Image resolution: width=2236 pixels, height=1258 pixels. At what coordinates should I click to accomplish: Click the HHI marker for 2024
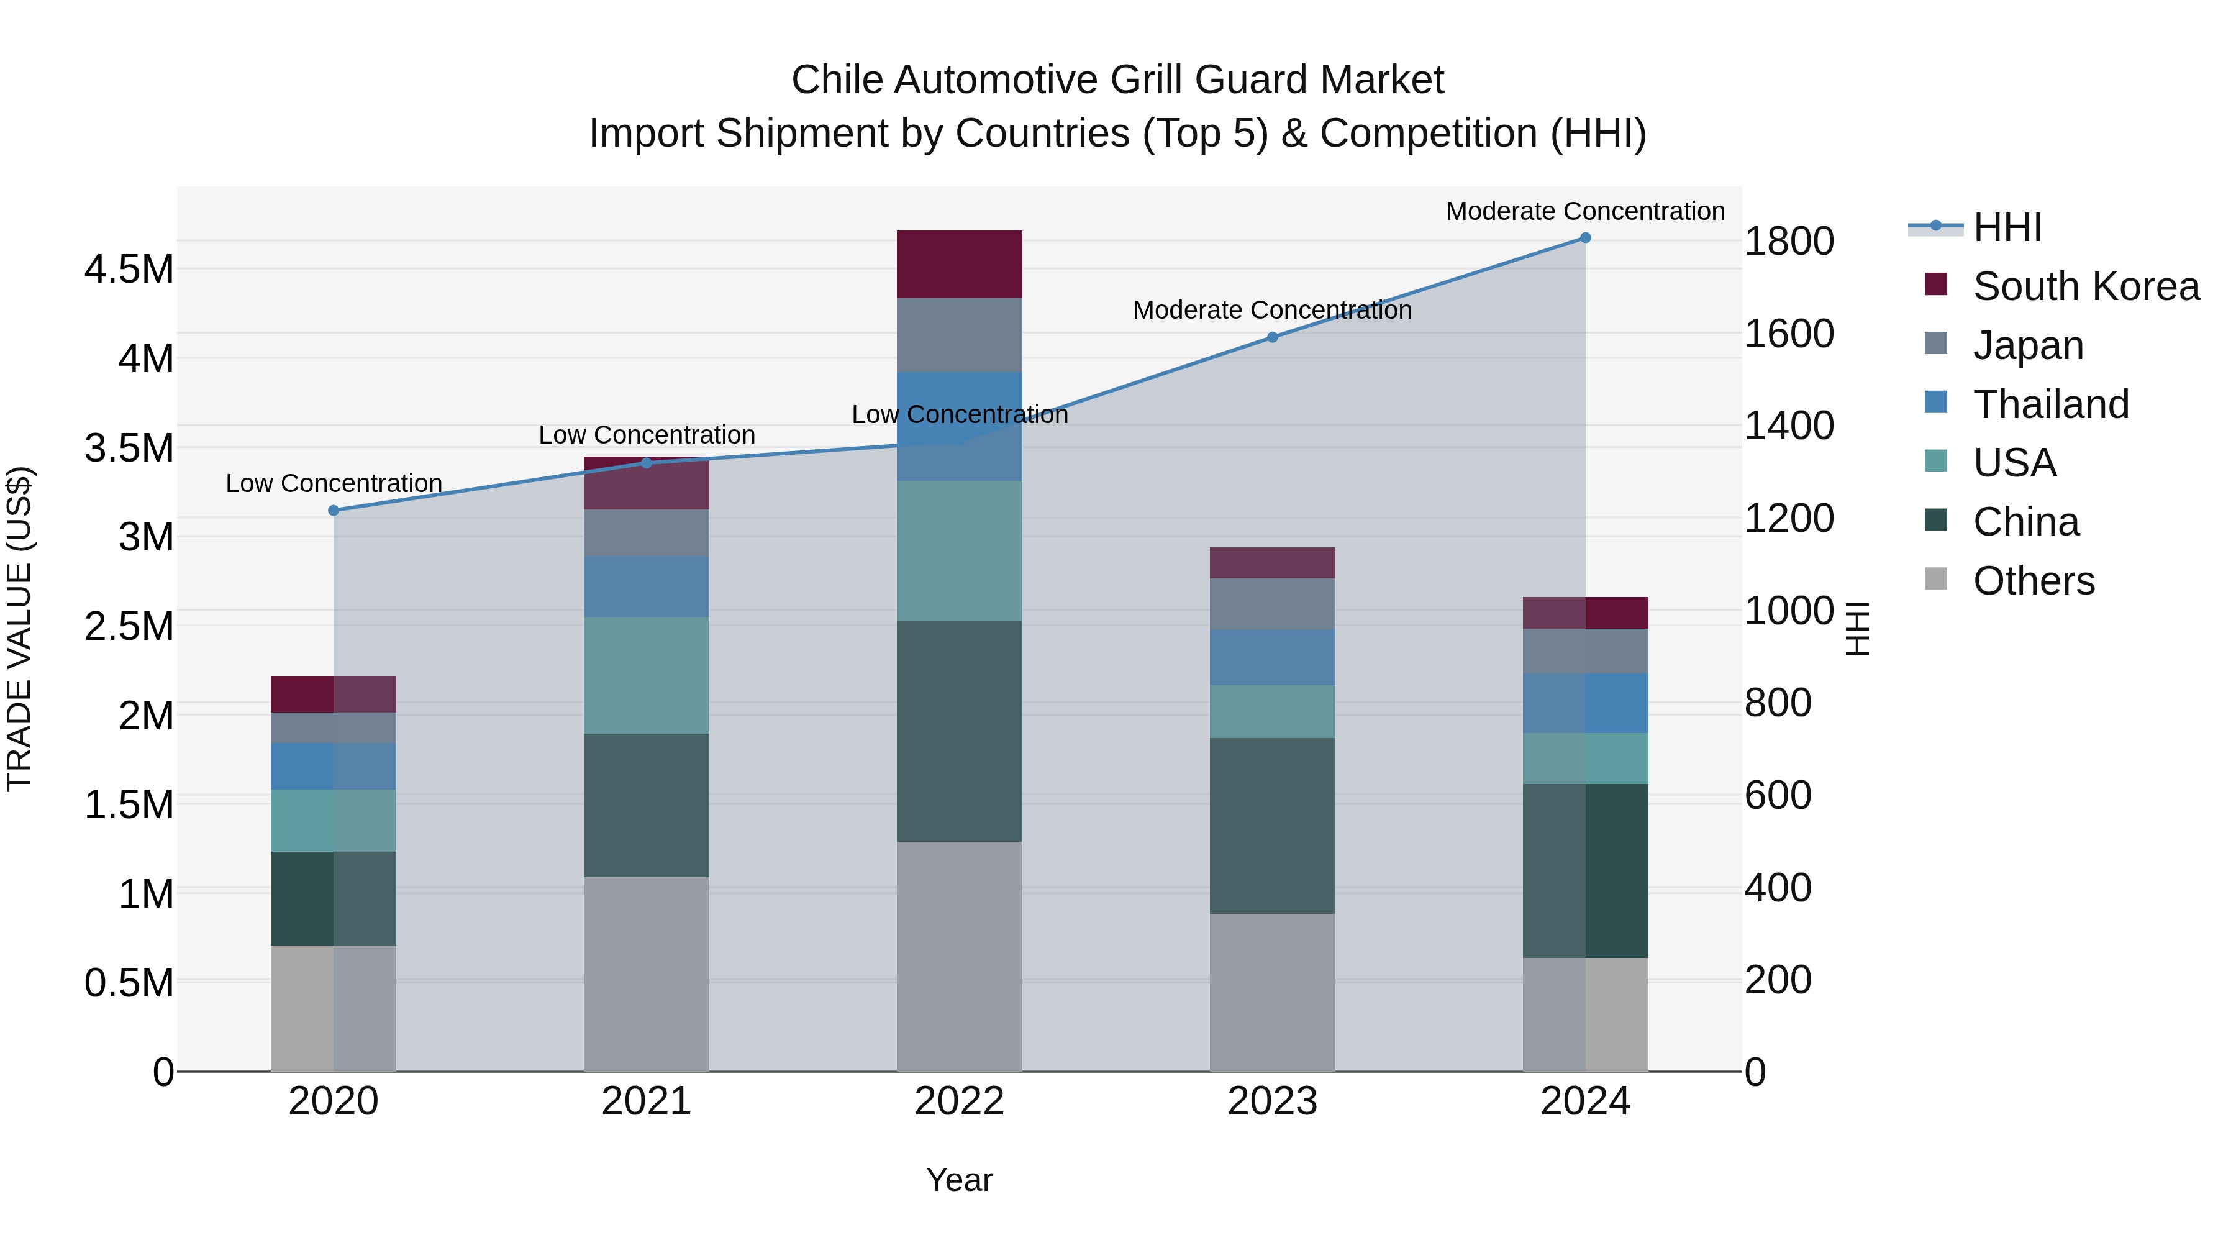click(1585, 238)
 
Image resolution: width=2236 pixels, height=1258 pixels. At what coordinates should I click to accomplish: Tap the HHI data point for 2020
click(334, 511)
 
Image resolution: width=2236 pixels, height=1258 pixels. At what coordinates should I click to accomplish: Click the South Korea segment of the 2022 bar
click(959, 265)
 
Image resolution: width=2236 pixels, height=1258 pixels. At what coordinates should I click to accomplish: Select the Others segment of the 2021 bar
click(646, 974)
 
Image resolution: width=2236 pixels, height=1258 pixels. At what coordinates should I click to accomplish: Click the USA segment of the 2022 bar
click(959, 551)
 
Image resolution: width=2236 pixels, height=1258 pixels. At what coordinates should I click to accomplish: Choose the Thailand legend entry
click(2051, 404)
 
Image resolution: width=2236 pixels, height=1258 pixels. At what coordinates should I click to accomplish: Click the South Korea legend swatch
click(1935, 285)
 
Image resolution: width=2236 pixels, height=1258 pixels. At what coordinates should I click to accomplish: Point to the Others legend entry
click(2034, 581)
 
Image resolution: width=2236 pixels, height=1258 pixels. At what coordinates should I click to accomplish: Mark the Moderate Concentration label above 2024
click(1585, 211)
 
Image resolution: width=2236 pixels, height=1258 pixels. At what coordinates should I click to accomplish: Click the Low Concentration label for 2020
click(334, 483)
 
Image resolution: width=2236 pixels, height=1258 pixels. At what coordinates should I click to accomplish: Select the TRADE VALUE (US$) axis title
click(19, 629)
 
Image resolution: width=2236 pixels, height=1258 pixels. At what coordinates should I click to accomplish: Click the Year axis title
click(959, 1180)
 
